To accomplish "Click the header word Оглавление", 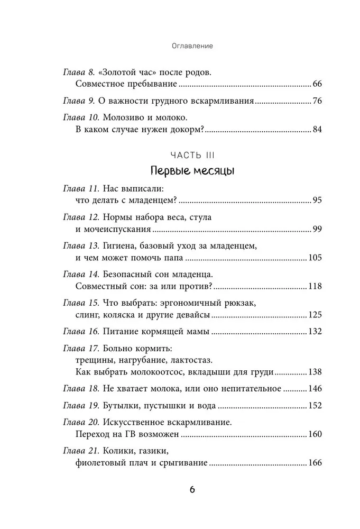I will point(192,46).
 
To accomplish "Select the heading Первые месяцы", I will point(192,172).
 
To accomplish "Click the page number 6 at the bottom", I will point(192,490).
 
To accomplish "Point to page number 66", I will point(317,84).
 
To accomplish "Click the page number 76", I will point(317,101).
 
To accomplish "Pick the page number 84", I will point(317,129).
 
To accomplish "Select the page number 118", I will point(315,286).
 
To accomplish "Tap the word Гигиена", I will point(123,247).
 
